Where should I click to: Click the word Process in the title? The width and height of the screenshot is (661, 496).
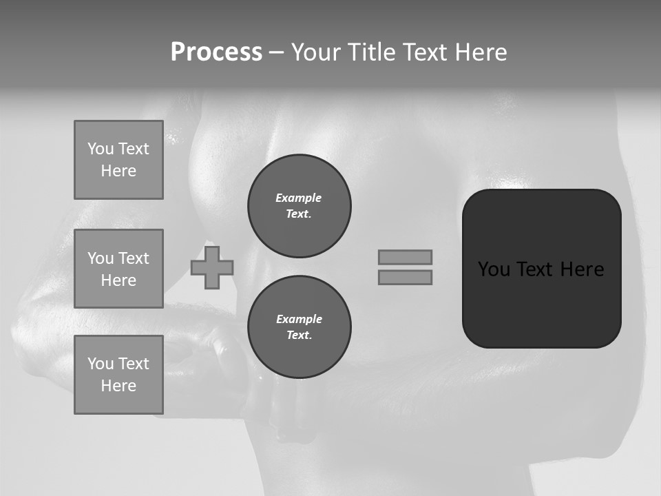click(216, 52)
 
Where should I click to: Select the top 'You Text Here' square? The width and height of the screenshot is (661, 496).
click(118, 160)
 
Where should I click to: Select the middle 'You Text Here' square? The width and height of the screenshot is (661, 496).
click(118, 269)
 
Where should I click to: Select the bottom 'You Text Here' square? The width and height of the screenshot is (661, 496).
click(118, 375)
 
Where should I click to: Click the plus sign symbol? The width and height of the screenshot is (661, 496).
click(212, 268)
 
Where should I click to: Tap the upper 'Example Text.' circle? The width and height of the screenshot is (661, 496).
click(300, 206)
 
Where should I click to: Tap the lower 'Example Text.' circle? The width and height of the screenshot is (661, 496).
click(300, 327)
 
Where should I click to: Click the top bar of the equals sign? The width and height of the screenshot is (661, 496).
click(405, 257)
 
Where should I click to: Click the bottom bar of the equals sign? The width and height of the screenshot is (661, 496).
click(405, 278)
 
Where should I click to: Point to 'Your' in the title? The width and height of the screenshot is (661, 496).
click(316, 52)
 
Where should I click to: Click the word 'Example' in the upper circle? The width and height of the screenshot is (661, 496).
click(298, 198)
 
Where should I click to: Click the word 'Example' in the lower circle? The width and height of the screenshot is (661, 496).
click(299, 319)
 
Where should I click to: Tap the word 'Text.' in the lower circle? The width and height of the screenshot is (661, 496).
click(299, 335)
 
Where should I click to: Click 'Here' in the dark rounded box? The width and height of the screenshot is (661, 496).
click(582, 269)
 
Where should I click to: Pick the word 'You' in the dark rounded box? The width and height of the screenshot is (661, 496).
click(494, 269)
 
